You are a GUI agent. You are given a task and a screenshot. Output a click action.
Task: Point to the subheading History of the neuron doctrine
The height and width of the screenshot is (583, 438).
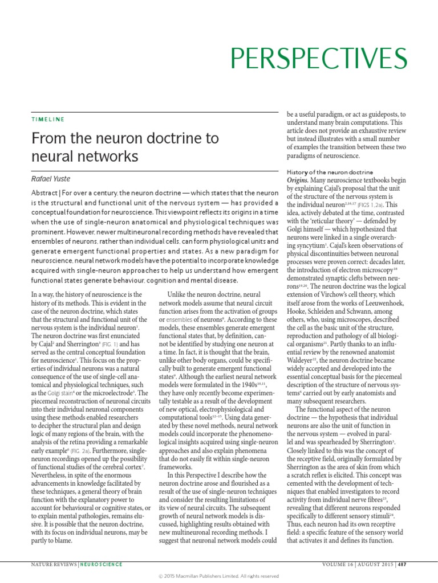330,172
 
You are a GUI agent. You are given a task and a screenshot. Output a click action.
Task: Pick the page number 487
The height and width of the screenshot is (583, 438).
401,564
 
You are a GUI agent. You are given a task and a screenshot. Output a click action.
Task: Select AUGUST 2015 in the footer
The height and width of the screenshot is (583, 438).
374,564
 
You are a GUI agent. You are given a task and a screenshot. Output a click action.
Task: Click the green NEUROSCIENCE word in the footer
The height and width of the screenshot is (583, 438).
101,564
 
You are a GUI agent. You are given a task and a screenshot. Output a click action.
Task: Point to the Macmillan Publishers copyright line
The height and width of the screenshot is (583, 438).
218,576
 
